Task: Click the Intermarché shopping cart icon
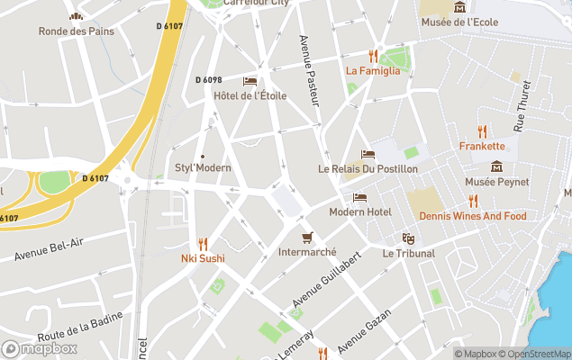coord(307,238)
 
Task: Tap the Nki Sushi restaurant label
coord(203,258)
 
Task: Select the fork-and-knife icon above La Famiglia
coord(372,56)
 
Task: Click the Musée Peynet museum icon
coord(496,166)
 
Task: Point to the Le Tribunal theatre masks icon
coord(408,238)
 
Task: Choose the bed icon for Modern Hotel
coord(359,197)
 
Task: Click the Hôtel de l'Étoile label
coord(250,95)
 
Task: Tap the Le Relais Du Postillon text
coord(368,168)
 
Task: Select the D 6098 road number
coord(208,80)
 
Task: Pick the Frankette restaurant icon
coord(482,130)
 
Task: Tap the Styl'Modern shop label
coord(203,167)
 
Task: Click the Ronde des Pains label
coord(77,31)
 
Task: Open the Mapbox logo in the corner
coord(40,348)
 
